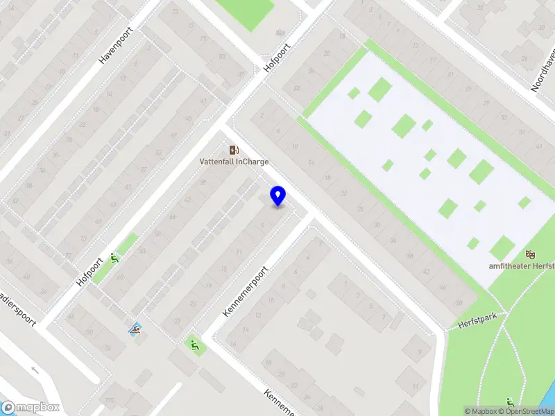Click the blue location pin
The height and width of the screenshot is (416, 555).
click(278, 196)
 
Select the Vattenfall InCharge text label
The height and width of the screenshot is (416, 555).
click(234, 162)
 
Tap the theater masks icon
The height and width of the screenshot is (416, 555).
click(531, 255)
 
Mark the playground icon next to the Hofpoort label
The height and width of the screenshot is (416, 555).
click(115, 259)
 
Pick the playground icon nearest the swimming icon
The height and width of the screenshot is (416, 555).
click(194, 343)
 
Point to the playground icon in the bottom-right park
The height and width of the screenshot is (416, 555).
click(511, 401)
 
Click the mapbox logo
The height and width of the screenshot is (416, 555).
click(31, 408)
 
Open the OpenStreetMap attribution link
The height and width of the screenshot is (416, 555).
click(529, 411)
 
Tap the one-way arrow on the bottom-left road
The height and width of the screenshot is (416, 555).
click(35, 370)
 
